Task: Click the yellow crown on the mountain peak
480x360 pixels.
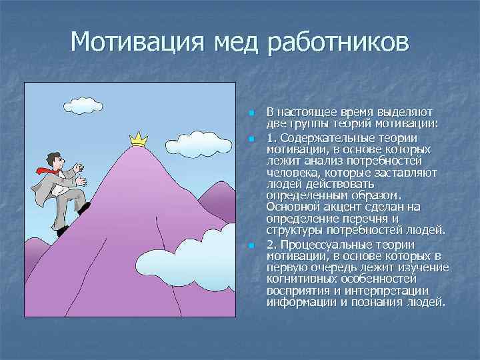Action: point(138,139)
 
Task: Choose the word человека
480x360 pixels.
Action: point(293,172)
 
